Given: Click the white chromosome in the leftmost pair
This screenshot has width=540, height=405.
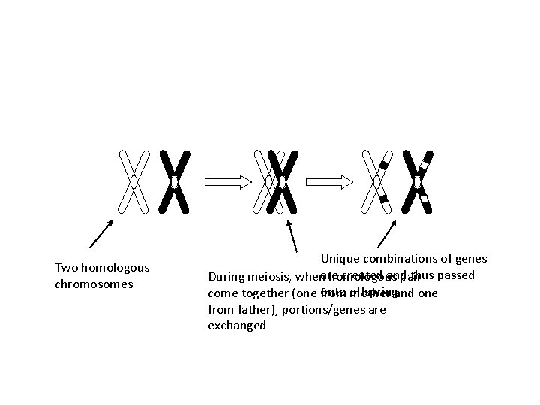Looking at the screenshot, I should point(133,181).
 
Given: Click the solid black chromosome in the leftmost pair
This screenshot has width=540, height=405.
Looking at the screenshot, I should point(174,182).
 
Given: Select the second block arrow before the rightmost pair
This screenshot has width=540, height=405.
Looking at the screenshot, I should point(329,181).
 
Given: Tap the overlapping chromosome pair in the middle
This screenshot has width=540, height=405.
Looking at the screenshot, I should point(277,181).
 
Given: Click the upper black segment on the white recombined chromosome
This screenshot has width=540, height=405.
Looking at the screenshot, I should point(383,164).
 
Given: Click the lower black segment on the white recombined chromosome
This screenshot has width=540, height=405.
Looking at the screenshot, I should point(383,199).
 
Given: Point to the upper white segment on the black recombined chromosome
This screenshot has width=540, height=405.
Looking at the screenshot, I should point(424,164).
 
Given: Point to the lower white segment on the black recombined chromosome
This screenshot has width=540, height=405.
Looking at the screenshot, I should point(424,199).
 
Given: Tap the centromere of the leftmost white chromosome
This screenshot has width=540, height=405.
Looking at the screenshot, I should point(133,181).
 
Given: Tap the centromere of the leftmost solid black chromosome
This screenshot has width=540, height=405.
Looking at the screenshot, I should point(174,182).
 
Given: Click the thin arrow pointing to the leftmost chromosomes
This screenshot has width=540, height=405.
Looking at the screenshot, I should point(102,233).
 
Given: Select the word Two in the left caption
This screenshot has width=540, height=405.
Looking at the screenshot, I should point(65,268).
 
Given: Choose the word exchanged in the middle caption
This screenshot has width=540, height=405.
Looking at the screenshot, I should point(236,325).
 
